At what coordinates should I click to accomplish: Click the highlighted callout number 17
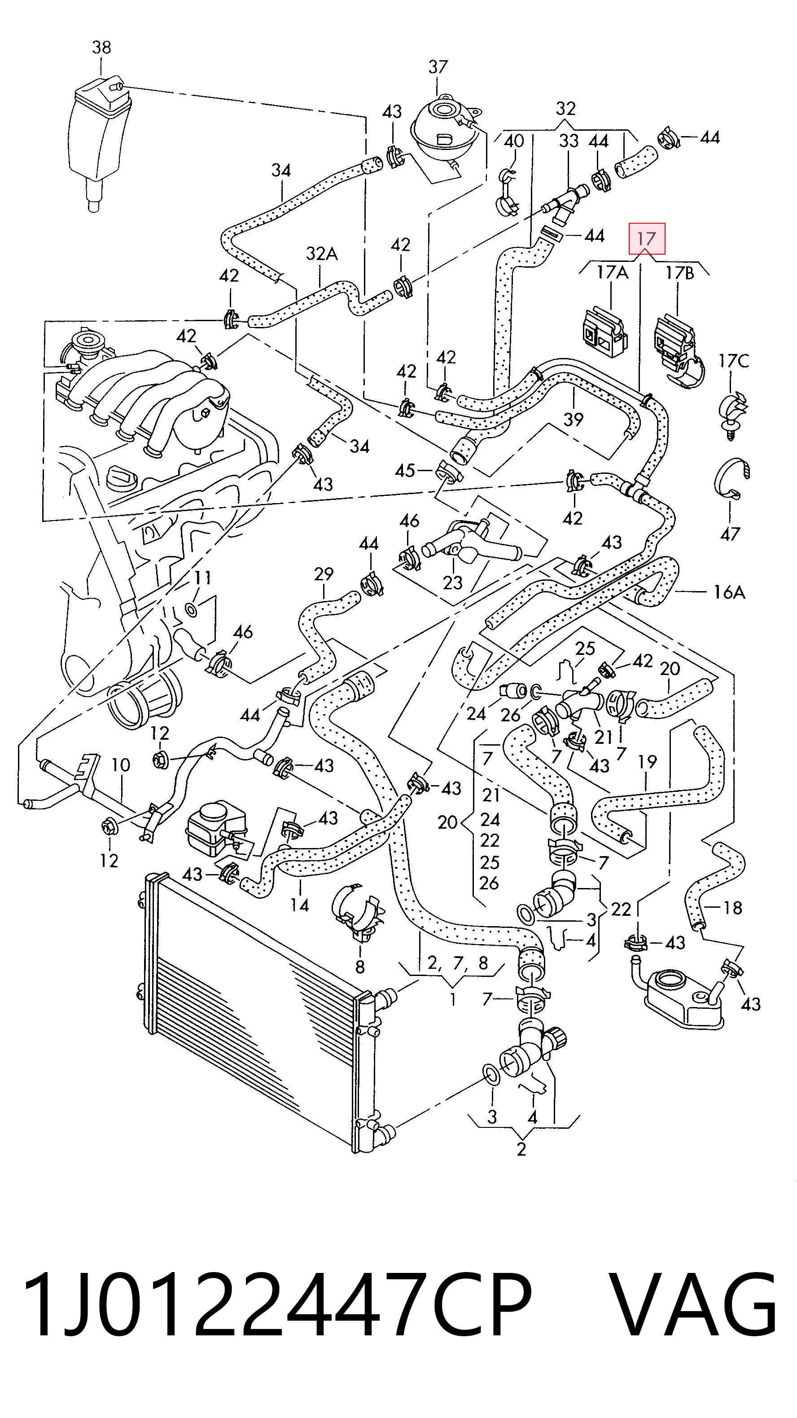tap(647, 239)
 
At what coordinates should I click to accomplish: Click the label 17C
tap(734, 361)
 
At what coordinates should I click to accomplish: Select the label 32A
tap(322, 253)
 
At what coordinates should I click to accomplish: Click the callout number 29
tap(324, 574)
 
